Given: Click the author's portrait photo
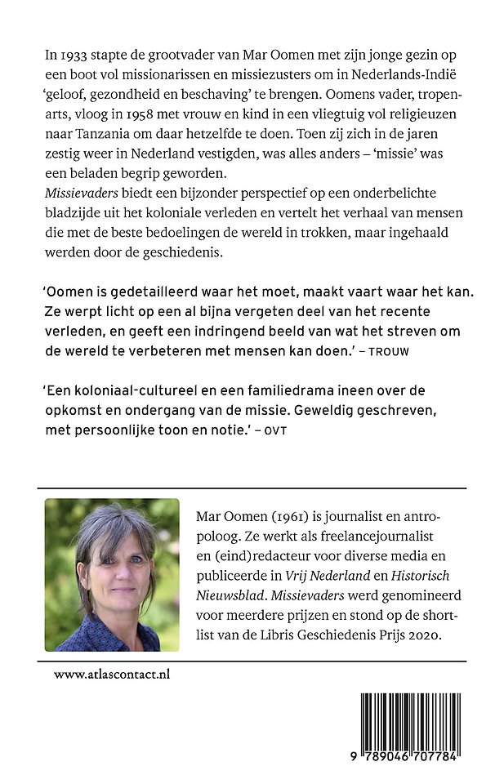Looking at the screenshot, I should (113, 575).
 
